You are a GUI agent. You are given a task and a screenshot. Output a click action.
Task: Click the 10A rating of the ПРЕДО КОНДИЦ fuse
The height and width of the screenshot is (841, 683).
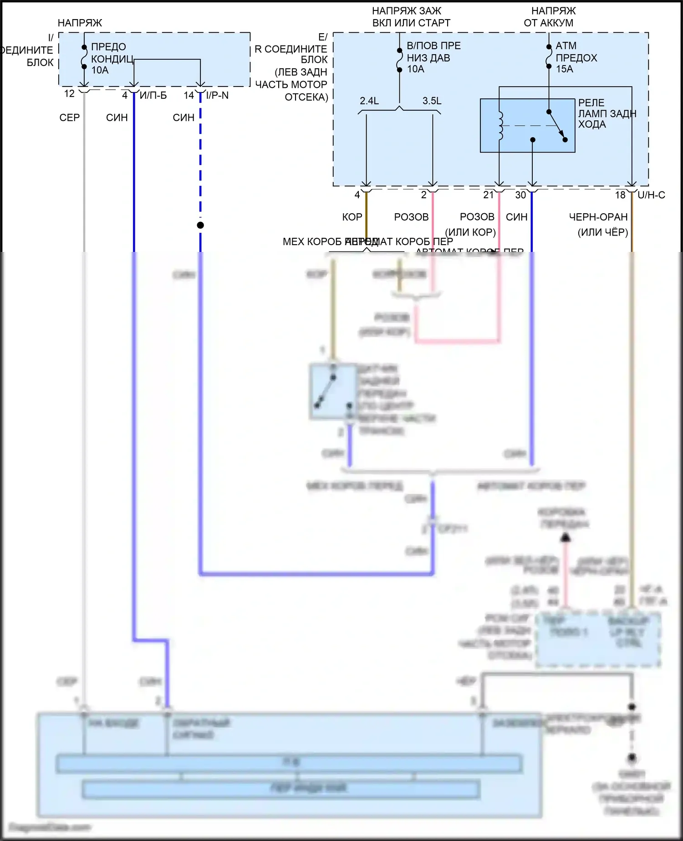(x=100, y=70)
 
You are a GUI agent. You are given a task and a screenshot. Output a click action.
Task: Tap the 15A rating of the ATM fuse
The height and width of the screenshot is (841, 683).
(x=565, y=69)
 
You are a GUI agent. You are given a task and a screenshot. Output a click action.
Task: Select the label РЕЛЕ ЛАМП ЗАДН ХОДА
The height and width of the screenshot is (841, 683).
(x=607, y=113)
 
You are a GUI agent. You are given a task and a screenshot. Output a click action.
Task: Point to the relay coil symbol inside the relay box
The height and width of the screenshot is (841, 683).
(x=501, y=125)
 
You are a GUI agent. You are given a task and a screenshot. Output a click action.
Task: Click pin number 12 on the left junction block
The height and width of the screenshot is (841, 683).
(x=69, y=94)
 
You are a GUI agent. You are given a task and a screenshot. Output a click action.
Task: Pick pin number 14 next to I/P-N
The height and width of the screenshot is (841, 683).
(x=189, y=95)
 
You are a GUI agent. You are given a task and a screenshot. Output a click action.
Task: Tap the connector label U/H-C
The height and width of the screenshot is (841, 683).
(x=651, y=195)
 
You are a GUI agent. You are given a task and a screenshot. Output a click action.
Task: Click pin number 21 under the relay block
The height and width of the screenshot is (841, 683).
(x=488, y=195)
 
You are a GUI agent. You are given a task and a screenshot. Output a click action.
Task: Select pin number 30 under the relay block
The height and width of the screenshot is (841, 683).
(x=520, y=195)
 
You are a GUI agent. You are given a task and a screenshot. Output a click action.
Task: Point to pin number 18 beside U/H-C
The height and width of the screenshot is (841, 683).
(x=620, y=195)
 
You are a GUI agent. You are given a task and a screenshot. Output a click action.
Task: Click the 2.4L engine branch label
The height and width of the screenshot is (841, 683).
(x=369, y=101)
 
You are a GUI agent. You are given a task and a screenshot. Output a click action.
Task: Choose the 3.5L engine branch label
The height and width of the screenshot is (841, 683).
(x=432, y=101)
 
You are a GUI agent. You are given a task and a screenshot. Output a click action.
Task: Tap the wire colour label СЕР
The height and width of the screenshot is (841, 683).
(x=70, y=118)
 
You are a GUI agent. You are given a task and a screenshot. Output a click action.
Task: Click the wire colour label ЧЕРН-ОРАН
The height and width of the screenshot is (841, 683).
(x=598, y=217)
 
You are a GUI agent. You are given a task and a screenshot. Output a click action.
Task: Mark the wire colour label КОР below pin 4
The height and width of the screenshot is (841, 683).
(x=352, y=217)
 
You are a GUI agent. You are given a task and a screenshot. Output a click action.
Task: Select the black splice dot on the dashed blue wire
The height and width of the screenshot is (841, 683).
(x=200, y=225)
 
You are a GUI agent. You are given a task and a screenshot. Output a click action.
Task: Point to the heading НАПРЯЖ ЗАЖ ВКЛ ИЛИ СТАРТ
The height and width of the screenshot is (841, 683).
(x=411, y=17)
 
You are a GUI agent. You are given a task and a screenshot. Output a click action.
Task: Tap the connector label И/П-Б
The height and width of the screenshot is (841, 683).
(x=153, y=95)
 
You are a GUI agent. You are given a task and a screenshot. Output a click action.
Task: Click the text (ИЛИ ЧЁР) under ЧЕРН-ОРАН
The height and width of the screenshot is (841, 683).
(x=603, y=232)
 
